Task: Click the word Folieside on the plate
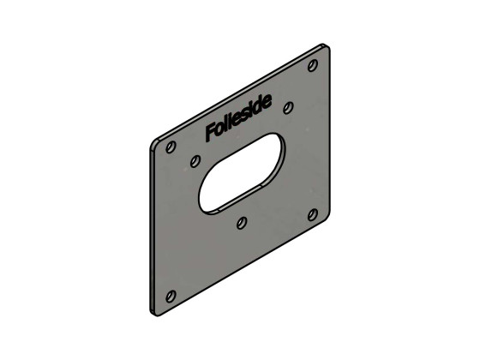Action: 238,119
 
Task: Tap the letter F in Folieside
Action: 210,133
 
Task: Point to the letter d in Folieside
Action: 261,108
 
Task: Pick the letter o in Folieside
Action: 220,129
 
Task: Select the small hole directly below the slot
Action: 242,223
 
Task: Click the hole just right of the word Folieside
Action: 288,107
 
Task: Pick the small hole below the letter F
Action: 195,160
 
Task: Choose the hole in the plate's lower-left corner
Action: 170,296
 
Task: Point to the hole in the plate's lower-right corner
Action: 314,214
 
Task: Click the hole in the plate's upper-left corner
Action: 170,147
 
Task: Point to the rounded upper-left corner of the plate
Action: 153,142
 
